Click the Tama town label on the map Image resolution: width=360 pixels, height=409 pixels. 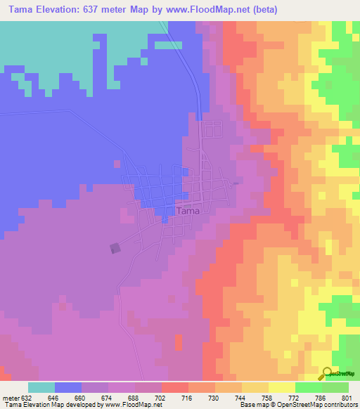pyautogui.click(x=188, y=211)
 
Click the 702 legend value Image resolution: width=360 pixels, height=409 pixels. pyautogui.click(x=161, y=397)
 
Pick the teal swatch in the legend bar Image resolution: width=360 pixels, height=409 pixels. pyautogui.click(x=41, y=387)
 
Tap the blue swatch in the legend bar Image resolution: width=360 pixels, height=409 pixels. pyautogui.click(x=68, y=387)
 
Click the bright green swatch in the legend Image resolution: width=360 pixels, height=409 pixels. pyautogui.click(x=309, y=387)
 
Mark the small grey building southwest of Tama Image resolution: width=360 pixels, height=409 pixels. pyautogui.click(x=115, y=248)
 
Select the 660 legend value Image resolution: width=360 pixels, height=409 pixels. pyautogui.click(x=81, y=397)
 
